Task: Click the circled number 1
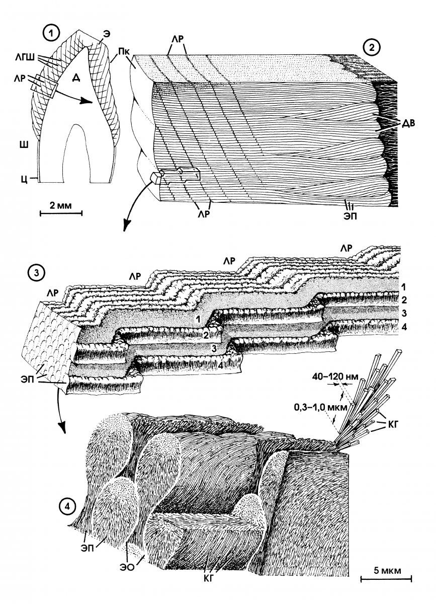coord(51,35)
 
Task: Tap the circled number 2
coord(372,48)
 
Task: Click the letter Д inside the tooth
coord(76,78)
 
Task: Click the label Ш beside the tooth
coord(25,144)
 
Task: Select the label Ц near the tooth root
coord(24,179)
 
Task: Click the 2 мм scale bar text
coord(61,206)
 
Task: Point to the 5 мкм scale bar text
coord(387,569)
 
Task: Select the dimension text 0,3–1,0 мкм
coord(321,407)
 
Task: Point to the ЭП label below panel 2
coord(351,216)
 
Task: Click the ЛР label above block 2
coord(178,39)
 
